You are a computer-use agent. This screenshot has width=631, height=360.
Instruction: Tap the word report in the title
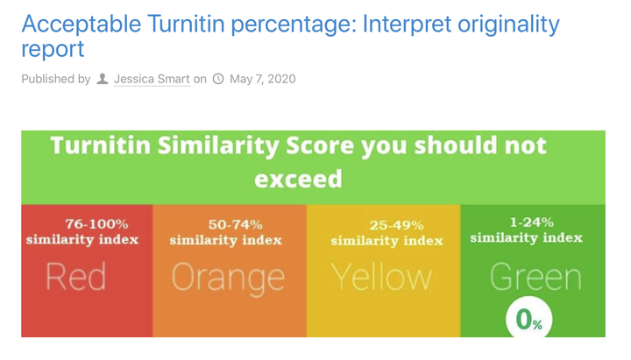pyautogui.click(x=53, y=50)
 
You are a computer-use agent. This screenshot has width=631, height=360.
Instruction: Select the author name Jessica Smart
pyautogui.click(x=152, y=79)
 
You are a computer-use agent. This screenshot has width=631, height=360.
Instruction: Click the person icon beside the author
pyautogui.click(x=103, y=79)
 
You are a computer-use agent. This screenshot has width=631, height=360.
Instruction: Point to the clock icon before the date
pyautogui.click(x=218, y=79)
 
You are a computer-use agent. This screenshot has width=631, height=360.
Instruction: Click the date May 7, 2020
pyautogui.click(x=263, y=79)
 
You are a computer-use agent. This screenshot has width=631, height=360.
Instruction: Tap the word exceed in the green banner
pyautogui.click(x=298, y=179)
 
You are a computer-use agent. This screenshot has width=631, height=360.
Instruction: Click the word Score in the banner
pyautogui.click(x=320, y=145)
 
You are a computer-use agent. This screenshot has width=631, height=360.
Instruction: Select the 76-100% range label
pyautogui.click(x=96, y=223)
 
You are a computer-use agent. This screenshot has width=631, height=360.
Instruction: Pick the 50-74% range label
pyautogui.click(x=236, y=224)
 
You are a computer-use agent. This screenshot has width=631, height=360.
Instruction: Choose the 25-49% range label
pyautogui.click(x=397, y=225)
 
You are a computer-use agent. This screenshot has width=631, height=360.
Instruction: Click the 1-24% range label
pyautogui.click(x=532, y=222)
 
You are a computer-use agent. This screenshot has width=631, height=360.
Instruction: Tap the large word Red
pyautogui.click(x=76, y=276)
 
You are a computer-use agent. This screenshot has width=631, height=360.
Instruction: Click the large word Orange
pyautogui.click(x=228, y=279)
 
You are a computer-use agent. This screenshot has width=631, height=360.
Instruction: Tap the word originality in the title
pyautogui.click(x=508, y=25)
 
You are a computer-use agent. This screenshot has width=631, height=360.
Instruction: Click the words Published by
pyautogui.click(x=56, y=79)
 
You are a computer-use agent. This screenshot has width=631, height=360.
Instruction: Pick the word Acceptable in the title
pyautogui.click(x=82, y=25)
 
